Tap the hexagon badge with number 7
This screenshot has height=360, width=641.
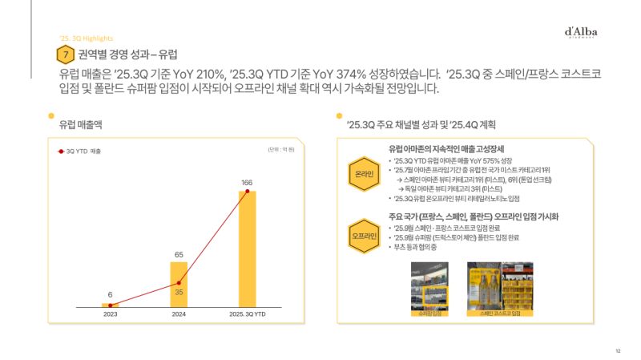coord(65,55)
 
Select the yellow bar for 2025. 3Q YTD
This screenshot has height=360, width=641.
coord(248,249)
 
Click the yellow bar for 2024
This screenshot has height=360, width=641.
coord(179,285)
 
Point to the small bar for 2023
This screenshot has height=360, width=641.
coord(110,305)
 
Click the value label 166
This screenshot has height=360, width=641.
coord(247,183)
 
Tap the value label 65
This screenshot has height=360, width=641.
coord(179,254)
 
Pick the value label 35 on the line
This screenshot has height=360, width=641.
coord(179,293)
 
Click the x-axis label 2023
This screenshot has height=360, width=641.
coord(110,314)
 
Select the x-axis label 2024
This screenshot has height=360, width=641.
coord(179,314)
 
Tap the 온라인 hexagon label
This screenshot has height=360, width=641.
coord(365,174)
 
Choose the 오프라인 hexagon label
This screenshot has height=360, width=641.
coord(365,237)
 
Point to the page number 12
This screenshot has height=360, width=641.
coord(618,350)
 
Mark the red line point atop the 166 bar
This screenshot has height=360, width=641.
coord(248,192)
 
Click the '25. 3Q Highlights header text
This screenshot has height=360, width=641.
coord(86,38)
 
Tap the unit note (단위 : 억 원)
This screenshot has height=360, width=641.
coord(281,150)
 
